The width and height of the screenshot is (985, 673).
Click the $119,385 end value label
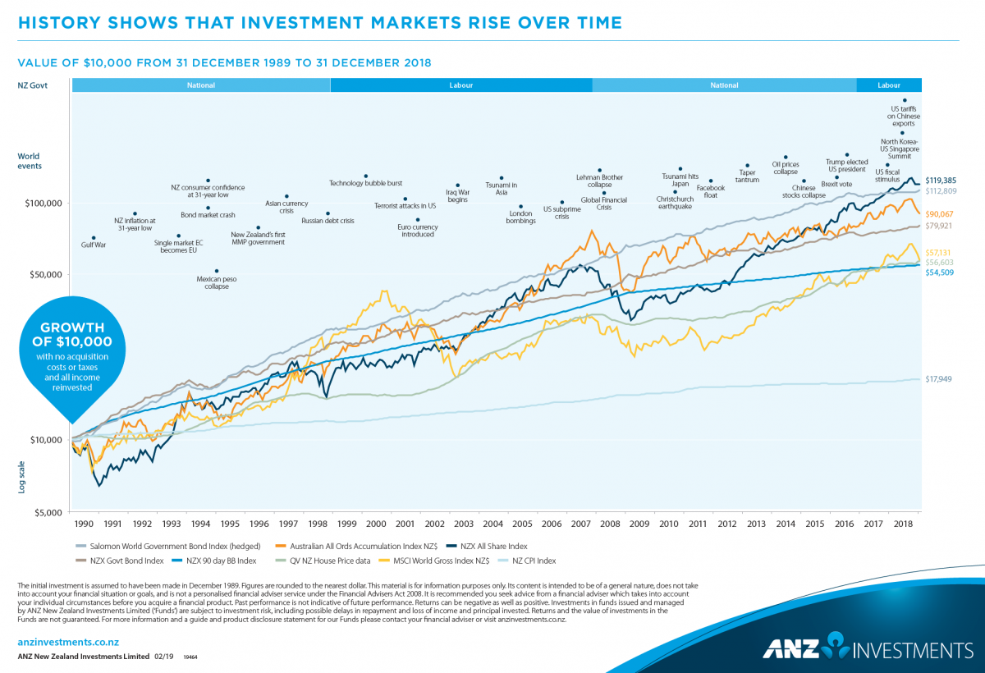point(940,179)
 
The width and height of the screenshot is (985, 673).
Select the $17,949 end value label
point(938,379)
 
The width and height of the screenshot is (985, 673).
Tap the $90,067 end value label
point(940,213)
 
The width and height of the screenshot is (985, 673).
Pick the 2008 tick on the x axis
point(610,524)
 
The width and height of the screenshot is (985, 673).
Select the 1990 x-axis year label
point(84,524)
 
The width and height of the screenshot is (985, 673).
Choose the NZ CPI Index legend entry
point(534,561)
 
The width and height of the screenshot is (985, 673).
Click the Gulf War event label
point(94,245)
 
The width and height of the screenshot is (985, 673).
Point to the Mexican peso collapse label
point(217,282)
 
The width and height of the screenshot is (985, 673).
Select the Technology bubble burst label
point(365,183)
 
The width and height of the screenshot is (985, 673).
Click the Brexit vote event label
point(836,185)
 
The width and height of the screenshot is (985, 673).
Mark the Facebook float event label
point(711,192)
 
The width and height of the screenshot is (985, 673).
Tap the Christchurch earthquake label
point(675,203)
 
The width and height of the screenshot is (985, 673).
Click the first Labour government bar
point(460,85)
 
